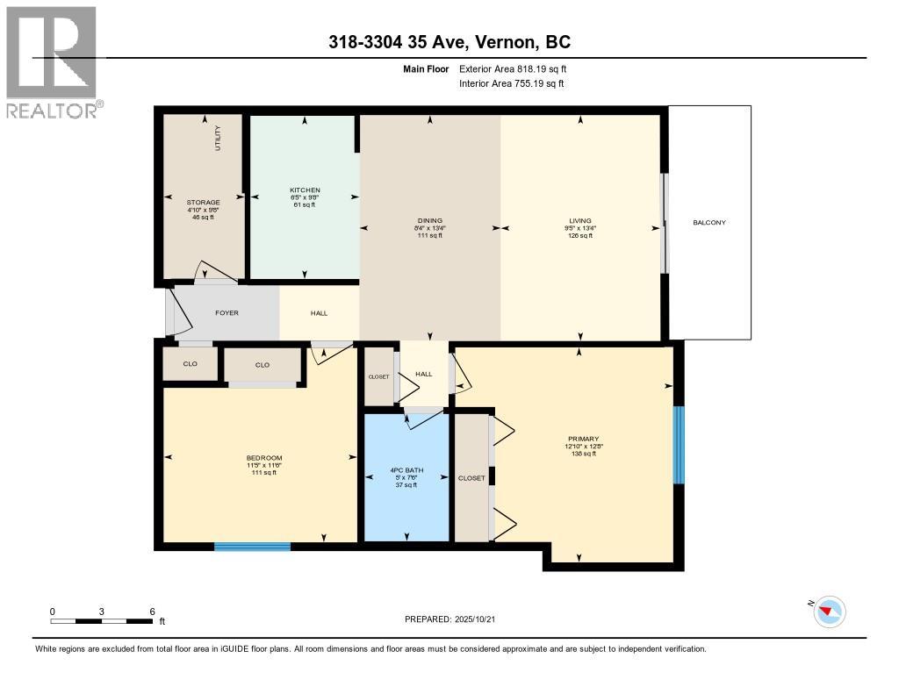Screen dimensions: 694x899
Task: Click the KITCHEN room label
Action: point(305,190)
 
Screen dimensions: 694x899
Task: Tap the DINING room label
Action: point(430,221)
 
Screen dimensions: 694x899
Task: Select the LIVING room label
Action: point(579,221)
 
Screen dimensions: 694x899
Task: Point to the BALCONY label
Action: point(709,223)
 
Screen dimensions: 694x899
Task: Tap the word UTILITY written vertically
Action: point(218,139)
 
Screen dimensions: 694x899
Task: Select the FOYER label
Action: point(227,313)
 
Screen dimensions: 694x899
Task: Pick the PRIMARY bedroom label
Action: point(583,439)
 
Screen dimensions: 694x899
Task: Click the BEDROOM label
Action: point(263,458)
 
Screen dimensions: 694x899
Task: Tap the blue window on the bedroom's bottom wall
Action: point(252,547)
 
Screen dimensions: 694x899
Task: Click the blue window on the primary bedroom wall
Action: point(678,445)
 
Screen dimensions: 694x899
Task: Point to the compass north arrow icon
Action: point(829,611)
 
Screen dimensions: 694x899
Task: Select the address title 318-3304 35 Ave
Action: point(449,42)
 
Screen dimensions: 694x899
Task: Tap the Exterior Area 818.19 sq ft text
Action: point(519,68)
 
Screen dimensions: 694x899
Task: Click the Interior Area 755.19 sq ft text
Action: point(511,83)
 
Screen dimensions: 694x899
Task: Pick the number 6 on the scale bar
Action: point(152,612)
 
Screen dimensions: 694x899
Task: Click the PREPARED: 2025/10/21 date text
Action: point(456,619)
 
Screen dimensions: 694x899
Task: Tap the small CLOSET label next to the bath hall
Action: point(378,376)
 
